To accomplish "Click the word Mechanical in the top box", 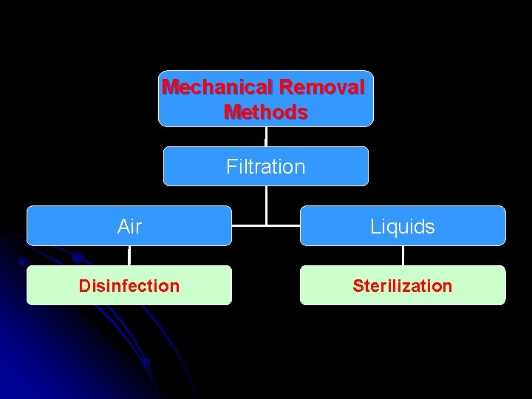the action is point(218,87).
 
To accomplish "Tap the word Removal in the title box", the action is point(322,87).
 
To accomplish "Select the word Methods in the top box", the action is point(265,112).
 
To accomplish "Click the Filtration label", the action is point(265,166).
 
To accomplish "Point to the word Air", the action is point(129,226).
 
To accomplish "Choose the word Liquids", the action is point(403,226).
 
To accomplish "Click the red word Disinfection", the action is point(129,286).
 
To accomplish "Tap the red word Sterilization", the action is point(403,286).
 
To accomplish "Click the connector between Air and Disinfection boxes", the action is point(129,256).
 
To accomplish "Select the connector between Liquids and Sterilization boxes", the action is point(403,256).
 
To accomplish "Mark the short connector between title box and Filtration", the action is point(265,137).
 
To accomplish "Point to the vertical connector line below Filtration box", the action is point(266,203).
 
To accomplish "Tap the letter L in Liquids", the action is point(375,226).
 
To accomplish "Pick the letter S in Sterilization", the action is point(358,286).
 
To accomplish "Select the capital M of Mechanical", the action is point(169,87).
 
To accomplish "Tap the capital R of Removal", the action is point(286,87).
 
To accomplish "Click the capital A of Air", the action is point(123,226).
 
